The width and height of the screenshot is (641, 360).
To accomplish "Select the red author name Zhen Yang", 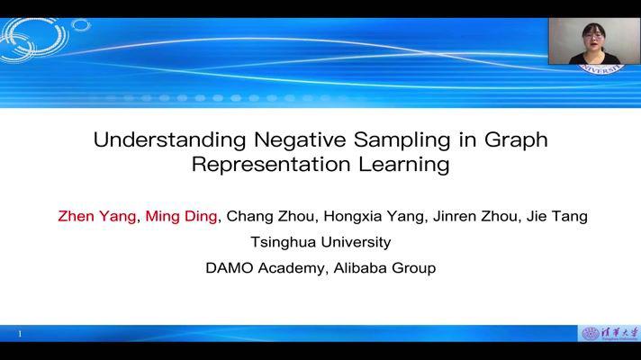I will point(96,216).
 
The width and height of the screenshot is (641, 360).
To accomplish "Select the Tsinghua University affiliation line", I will point(320,242).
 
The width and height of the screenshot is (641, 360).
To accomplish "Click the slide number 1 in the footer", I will point(19,334).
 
